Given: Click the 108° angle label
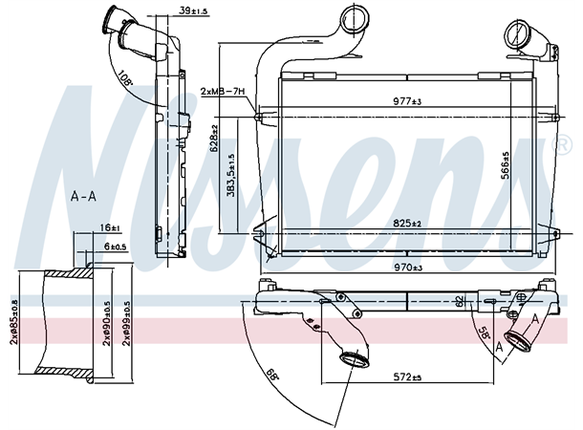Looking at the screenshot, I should tap(122, 76).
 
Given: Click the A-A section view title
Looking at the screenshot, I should tap(83, 197).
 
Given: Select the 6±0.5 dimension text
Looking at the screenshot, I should tap(116, 246).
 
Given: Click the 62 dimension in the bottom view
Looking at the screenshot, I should tap(459, 300).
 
